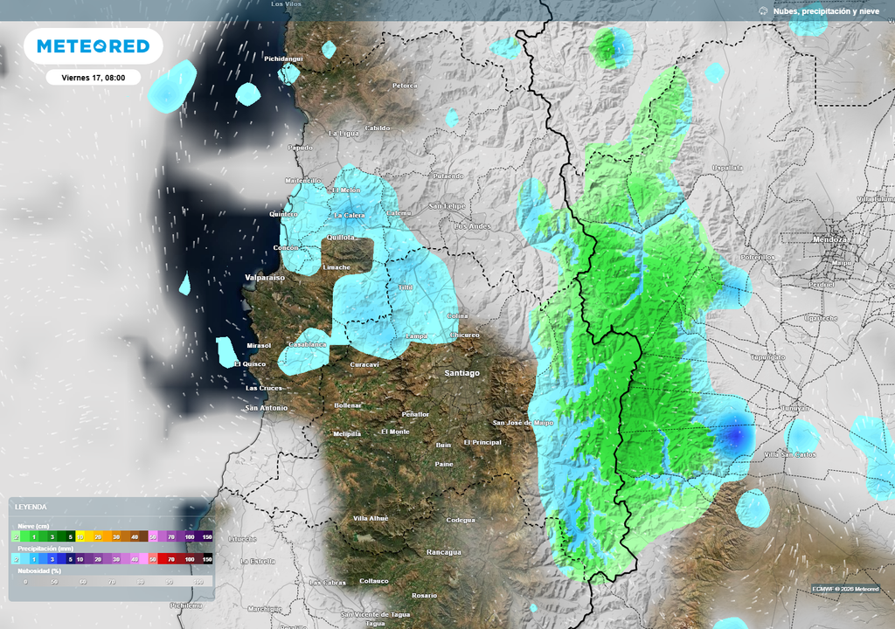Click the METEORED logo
pos(93,46)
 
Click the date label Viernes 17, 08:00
pos(93,77)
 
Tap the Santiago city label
pos(461,373)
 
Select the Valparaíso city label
pos(265,277)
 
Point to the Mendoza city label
pos(828,238)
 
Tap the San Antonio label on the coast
pos(266,407)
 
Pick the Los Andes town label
pos(473,226)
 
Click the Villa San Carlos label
pos(788,455)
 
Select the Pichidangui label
pos(283,59)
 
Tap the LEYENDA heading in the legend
pos(31,507)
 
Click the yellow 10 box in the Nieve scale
pos(80,536)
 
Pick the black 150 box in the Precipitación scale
pos(207,558)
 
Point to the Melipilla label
pos(347,433)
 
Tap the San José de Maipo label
pos(524,423)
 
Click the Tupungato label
pos(768,357)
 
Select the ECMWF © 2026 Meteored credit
pos(845,588)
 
